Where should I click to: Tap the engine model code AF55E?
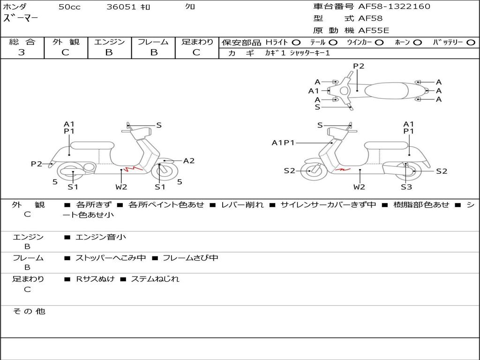[374, 30]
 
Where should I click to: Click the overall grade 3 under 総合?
[22, 52]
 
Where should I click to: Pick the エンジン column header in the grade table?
[109, 42]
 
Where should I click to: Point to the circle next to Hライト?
[296, 43]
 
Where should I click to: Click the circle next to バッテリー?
[471, 43]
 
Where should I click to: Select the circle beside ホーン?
[417, 43]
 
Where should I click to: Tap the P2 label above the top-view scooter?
[359, 66]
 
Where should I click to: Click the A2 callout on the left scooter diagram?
[188, 161]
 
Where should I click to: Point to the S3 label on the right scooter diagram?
[406, 187]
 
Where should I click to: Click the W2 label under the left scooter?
[121, 187]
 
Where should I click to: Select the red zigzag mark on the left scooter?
[133, 169]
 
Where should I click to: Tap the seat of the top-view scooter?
[386, 90]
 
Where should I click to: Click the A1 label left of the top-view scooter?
[314, 91]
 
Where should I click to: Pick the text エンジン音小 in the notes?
[101, 237]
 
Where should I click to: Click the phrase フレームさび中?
[190, 258]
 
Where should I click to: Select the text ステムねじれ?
[155, 279]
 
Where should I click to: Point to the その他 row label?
[29, 311]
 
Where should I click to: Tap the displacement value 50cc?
[69, 7]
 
